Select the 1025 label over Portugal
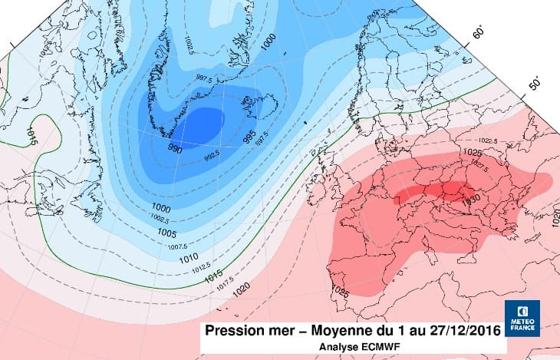pos(340,292)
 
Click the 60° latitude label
pos(478,32)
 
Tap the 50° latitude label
pos(535,83)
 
